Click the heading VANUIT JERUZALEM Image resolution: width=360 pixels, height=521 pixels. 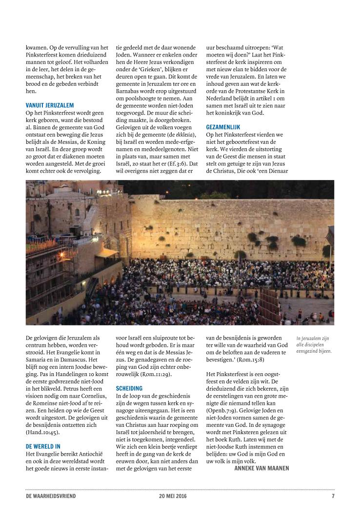point(49,105)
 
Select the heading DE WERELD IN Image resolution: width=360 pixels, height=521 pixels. point(43,446)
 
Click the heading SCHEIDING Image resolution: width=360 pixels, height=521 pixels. point(129,388)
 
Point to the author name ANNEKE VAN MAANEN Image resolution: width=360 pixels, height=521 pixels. point(261,468)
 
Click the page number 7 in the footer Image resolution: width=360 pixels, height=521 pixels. point(333,497)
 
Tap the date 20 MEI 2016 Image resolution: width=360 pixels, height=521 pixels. point(173,497)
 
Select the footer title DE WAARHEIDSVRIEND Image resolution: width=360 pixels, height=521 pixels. point(51,497)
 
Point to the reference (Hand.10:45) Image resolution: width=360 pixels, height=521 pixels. point(44,431)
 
